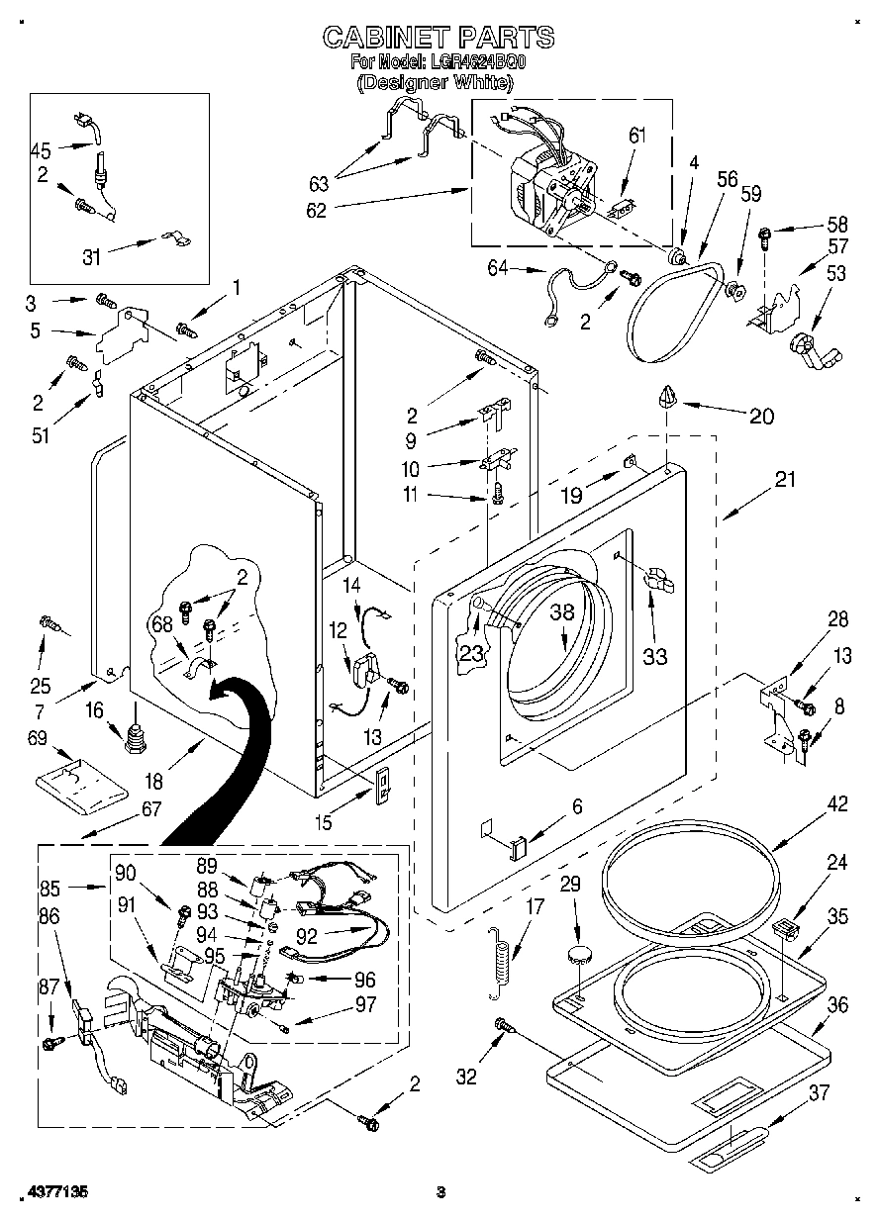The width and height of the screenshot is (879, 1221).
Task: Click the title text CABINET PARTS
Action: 439,38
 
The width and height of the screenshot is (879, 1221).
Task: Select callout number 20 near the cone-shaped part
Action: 761,416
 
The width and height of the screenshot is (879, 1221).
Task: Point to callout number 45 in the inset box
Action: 42,150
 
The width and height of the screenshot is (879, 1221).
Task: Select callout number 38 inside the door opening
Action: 562,612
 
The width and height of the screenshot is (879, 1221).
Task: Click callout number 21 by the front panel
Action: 785,480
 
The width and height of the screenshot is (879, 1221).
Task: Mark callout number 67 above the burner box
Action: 150,808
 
